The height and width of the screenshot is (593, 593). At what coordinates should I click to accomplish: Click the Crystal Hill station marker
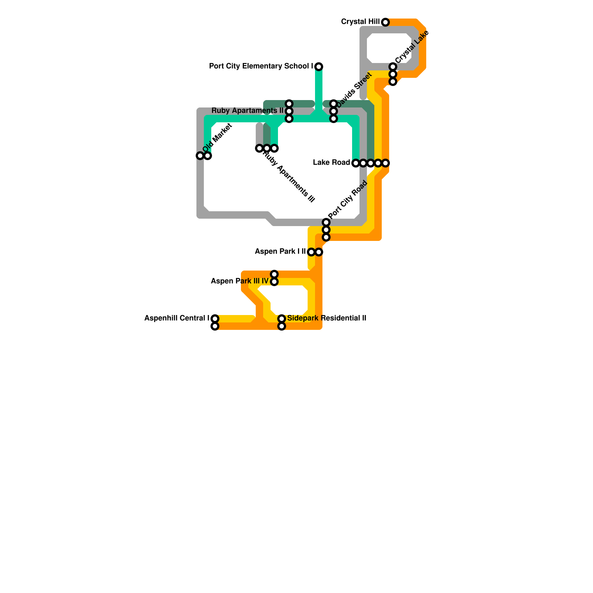[x=385, y=22]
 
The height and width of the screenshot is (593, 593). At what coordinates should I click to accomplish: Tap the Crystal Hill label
[x=360, y=22]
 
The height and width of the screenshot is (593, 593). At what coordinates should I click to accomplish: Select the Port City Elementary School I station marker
[x=319, y=67]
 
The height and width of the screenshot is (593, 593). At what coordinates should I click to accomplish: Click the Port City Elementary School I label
[x=261, y=66]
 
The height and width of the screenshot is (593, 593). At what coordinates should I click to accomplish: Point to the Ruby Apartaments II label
[x=247, y=111]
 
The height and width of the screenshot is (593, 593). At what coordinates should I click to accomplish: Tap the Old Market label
[x=217, y=138]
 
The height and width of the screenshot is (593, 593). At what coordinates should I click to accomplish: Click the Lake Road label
[x=331, y=163]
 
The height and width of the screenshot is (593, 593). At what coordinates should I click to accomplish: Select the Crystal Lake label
[x=412, y=47]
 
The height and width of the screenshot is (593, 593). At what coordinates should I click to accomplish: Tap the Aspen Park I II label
[x=280, y=252]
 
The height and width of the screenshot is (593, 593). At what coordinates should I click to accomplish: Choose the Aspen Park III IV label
[x=239, y=281]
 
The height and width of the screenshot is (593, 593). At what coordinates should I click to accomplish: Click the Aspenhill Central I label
[x=176, y=318]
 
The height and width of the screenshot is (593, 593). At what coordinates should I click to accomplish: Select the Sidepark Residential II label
[x=327, y=318]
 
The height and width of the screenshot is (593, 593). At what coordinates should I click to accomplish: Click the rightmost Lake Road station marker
[x=385, y=163]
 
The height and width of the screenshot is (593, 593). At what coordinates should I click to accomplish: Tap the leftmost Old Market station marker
[x=200, y=156]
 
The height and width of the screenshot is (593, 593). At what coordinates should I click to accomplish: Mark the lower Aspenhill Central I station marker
[x=215, y=327]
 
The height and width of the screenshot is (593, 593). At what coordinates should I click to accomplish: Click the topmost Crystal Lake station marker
[x=393, y=67]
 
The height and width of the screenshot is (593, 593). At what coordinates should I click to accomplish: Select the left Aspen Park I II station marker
[x=311, y=252]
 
